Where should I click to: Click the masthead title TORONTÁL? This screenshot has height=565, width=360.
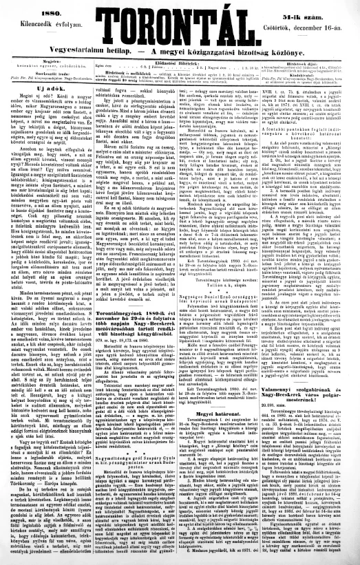[x=180, y=23]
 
